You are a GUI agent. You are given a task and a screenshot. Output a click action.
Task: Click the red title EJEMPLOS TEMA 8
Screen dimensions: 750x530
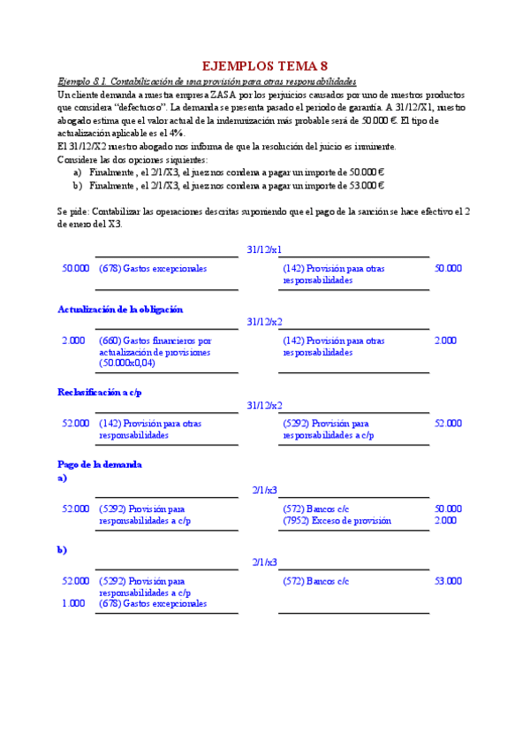(265, 65)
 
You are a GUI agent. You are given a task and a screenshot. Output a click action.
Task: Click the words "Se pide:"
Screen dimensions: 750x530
(74, 212)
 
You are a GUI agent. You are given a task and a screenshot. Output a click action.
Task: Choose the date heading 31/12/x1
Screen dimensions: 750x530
(264, 250)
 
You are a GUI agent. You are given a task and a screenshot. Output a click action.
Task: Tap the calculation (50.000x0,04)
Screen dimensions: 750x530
(128, 364)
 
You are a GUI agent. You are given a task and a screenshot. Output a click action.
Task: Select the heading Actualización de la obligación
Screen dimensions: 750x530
(120, 310)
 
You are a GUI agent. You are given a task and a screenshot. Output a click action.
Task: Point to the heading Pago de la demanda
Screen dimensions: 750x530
(100, 464)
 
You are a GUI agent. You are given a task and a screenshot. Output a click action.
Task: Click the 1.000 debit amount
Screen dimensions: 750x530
(74, 603)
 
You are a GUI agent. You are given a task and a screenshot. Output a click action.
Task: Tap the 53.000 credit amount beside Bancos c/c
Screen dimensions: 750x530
(447, 581)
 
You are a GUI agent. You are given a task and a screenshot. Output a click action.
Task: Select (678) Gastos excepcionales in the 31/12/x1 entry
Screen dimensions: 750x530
(153, 268)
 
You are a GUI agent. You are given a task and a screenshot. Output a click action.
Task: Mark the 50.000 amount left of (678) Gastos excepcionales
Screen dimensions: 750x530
(75, 268)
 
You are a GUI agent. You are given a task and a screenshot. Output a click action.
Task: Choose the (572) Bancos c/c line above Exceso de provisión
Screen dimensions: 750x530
(316, 509)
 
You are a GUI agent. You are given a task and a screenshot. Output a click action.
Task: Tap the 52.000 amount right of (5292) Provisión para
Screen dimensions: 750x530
(447, 424)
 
